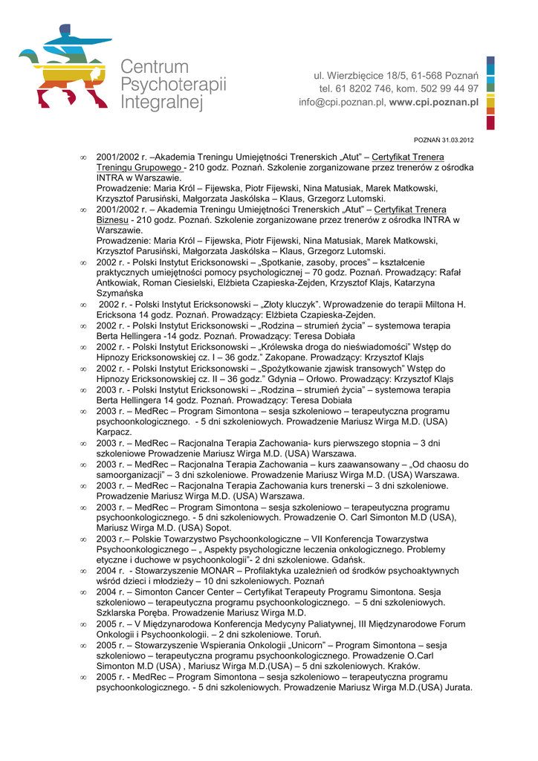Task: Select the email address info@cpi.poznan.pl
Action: (x=341, y=103)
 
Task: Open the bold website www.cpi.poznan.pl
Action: (x=433, y=103)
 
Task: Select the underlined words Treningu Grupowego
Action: (x=140, y=167)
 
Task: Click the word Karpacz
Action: (x=114, y=432)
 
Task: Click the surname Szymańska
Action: (x=122, y=294)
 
